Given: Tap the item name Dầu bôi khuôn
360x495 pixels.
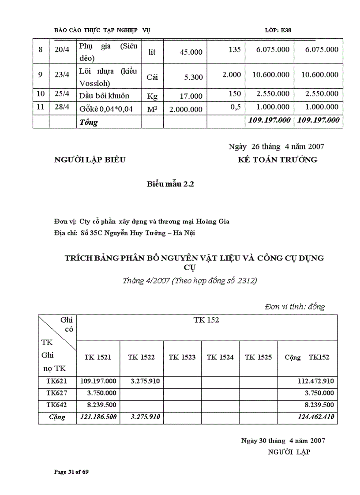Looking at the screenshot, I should pyautogui.click(x=104, y=96).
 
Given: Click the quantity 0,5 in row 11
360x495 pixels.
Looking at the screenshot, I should pyautogui.click(x=235, y=107).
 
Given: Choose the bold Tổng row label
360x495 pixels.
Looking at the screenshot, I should pyautogui.click(x=89, y=122).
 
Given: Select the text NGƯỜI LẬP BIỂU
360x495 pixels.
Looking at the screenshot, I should pyautogui.click(x=90, y=160).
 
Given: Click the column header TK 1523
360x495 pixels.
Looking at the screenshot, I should pyautogui.click(x=182, y=357).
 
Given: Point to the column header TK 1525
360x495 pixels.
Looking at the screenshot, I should pyautogui.click(x=259, y=357).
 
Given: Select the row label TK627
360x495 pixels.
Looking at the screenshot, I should pyautogui.click(x=57, y=393).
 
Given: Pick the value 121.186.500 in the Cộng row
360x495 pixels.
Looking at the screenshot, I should pyautogui.click(x=98, y=417).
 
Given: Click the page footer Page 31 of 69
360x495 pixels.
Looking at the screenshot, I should pyautogui.click(x=71, y=472).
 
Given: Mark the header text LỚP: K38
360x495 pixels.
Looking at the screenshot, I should pyautogui.click(x=278, y=30).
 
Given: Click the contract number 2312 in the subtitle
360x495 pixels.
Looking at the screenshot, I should pyautogui.click(x=248, y=280).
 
